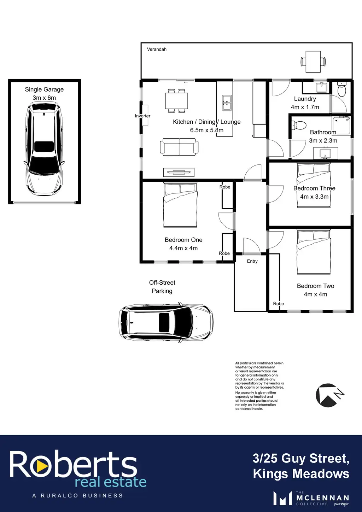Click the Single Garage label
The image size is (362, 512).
click(44, 89)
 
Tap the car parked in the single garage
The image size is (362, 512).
click(44, 149)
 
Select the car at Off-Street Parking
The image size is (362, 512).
click(166, 322)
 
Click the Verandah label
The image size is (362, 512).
click(157, 49)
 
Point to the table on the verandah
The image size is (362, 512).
click(313, 62)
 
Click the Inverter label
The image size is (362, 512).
click(142, 116)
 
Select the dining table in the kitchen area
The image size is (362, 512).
click(176, 100)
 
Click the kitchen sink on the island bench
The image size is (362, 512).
click(227, 103)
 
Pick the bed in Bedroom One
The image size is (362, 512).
click(180, 205)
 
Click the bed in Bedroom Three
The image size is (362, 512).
click(314, 185)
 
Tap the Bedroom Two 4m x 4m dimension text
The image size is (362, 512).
click(315, 294)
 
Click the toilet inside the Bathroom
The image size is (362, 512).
click(299, 125)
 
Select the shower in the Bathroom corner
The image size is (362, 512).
click(341, 126)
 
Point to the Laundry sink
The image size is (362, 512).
click(322, 88)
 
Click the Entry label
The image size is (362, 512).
click(252, 261)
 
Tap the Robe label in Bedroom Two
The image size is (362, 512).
click(279, 303)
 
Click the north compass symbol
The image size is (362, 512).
click(329, 395)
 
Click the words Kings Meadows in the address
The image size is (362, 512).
click(301, 473)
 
